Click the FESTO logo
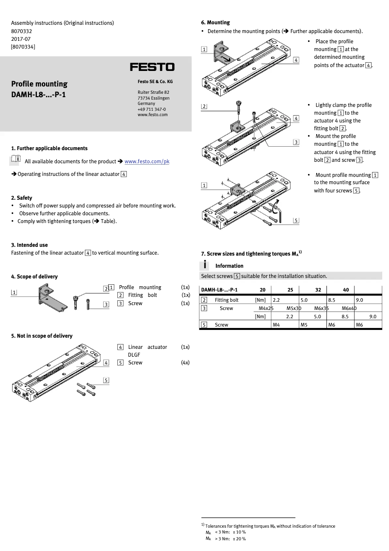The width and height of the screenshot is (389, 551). coord(152,67)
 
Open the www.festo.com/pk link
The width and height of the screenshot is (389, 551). coord(147,161)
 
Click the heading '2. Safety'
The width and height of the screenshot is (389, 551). coord(22,198)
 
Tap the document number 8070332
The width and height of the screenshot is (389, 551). coord(21,31)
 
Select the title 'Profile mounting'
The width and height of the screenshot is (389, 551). coord(39,84)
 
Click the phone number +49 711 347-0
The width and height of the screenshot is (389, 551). coord(152,109)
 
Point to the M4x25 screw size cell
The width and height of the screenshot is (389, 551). coord(266,308)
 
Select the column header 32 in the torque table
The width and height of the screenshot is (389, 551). coord(318,290)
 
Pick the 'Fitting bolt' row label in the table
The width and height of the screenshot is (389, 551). coord(227,300)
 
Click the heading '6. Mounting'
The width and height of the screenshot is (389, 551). coord(215,22)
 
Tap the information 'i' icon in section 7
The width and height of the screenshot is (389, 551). coord(206,265)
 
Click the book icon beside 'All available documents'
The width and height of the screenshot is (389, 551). coord(15,159)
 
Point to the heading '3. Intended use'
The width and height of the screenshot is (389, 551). coord(29,245)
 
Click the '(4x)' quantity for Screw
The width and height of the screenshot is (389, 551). coord(185,362)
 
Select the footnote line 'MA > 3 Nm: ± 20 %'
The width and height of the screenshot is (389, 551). coord(225,538)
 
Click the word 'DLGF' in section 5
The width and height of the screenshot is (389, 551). coord(135,355)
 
